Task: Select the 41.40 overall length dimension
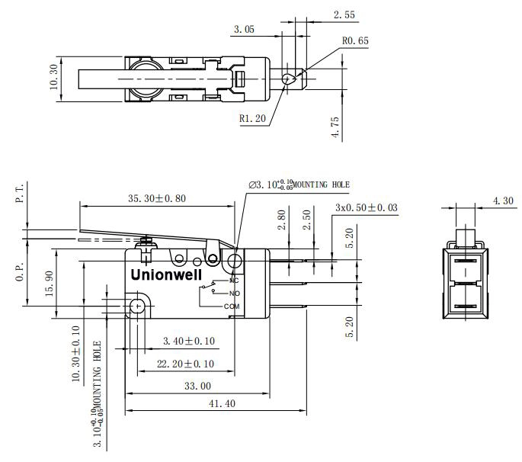tap(217, 404)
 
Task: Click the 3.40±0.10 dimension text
tap(188, 341)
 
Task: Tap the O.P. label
tap(20, 272)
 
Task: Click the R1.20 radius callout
tap(251, 118)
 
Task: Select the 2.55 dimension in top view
tap(344, 14)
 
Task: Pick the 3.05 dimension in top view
tap(244, 30)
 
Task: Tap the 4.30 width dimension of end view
tap(503, 201)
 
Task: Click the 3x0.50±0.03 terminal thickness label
tap(366, 207)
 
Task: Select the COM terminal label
tap(232, 306)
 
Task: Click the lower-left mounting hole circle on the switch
tap(137, 306)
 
